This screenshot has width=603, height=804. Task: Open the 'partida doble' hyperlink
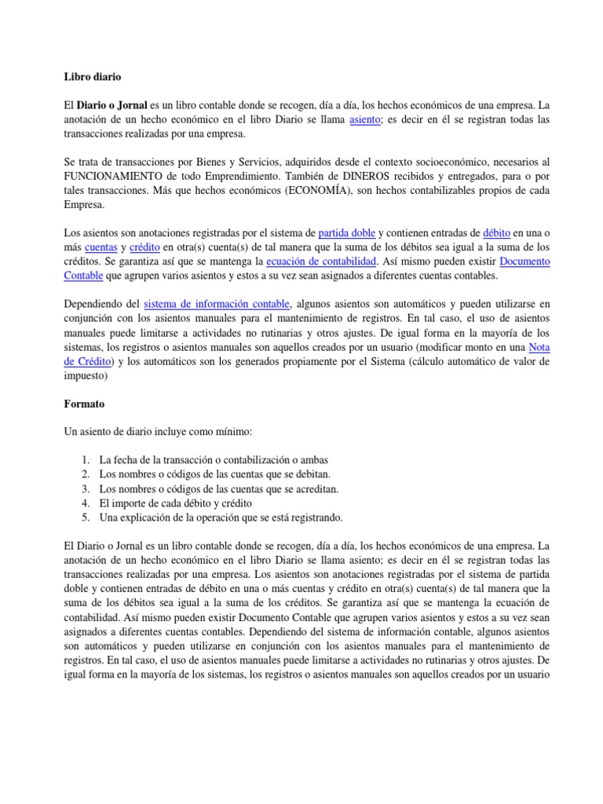[x=347, y=232]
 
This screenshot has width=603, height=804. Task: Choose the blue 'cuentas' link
[x=100, y=247]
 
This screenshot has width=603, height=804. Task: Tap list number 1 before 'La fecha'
[x=86, y=459]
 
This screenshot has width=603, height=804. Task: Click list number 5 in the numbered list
[x=86, y=517]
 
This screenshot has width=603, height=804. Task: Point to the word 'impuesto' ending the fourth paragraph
[x=85, y=375]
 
